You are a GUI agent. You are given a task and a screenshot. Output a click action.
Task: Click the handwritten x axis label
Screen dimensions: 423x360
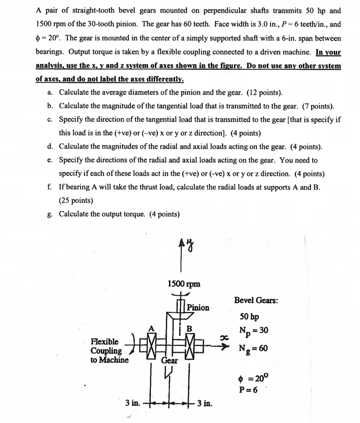224,337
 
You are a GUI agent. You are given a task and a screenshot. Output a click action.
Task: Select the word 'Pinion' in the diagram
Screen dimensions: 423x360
198,308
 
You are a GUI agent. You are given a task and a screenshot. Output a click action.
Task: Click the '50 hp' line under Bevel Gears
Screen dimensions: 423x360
250,316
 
